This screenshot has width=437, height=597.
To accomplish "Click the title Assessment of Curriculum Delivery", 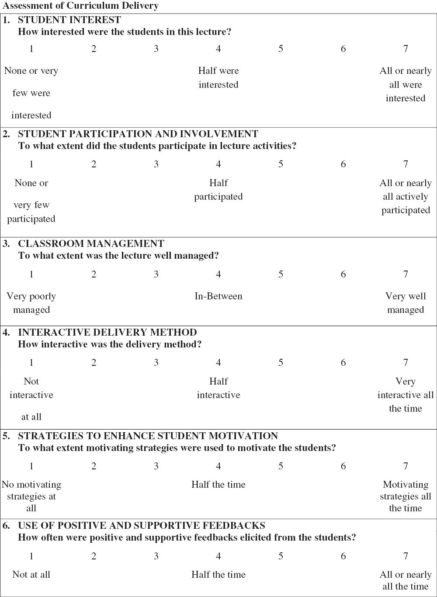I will coord(80,6).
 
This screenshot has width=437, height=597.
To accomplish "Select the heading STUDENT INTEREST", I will coord(69,20).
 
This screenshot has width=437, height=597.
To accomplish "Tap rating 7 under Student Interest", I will coord(406,49).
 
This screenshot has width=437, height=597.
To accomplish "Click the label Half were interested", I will coord(218,77).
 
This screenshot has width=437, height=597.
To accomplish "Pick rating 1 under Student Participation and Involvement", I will coord(31,164).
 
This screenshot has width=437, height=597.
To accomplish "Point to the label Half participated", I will coord(218,190).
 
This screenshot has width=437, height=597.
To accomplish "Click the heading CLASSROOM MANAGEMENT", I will coord(91,244).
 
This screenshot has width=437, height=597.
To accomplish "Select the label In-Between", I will coord(218,296).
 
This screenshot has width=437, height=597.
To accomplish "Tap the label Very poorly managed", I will coord(31,303).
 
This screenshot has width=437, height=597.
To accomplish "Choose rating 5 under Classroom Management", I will coord(281,274).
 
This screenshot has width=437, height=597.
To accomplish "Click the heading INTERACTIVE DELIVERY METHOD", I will coord(107,333).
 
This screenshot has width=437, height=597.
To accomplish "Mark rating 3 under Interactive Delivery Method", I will coord(156,363).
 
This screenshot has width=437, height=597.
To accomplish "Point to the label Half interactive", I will coord(218,388).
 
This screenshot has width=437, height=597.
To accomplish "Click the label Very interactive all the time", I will coord(406,395).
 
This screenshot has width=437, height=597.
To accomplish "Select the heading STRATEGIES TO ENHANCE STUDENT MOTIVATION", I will coord(148,436).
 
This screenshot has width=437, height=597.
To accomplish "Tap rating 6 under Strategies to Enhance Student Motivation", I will coord(343,466).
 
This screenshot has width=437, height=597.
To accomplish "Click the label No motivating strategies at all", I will coord(31,496).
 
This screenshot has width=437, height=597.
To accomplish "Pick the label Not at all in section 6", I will coord(31,575).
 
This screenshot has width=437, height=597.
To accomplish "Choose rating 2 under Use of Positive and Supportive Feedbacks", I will coord(94,556).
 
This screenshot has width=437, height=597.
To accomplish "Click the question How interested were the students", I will coord(124,32).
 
